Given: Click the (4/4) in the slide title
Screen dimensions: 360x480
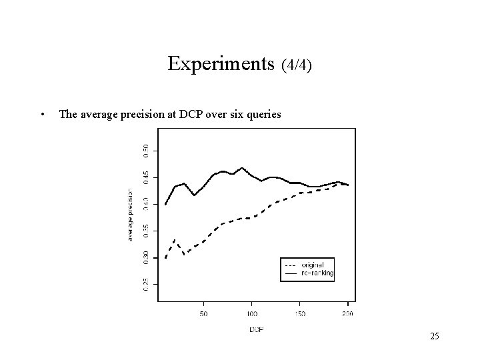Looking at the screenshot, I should (297, 65).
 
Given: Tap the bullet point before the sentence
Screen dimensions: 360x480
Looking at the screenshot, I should (43, 114).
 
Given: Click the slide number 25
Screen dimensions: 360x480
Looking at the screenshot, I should (434, 336).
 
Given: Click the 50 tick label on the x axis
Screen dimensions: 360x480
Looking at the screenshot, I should (204, 312).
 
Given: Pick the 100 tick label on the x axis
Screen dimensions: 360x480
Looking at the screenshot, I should (252, 312).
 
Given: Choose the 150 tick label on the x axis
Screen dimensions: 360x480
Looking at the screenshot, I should (300, 312).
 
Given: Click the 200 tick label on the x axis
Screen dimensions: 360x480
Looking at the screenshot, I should (348, 312).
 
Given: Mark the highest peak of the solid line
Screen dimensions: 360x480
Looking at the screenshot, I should (243, 168).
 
